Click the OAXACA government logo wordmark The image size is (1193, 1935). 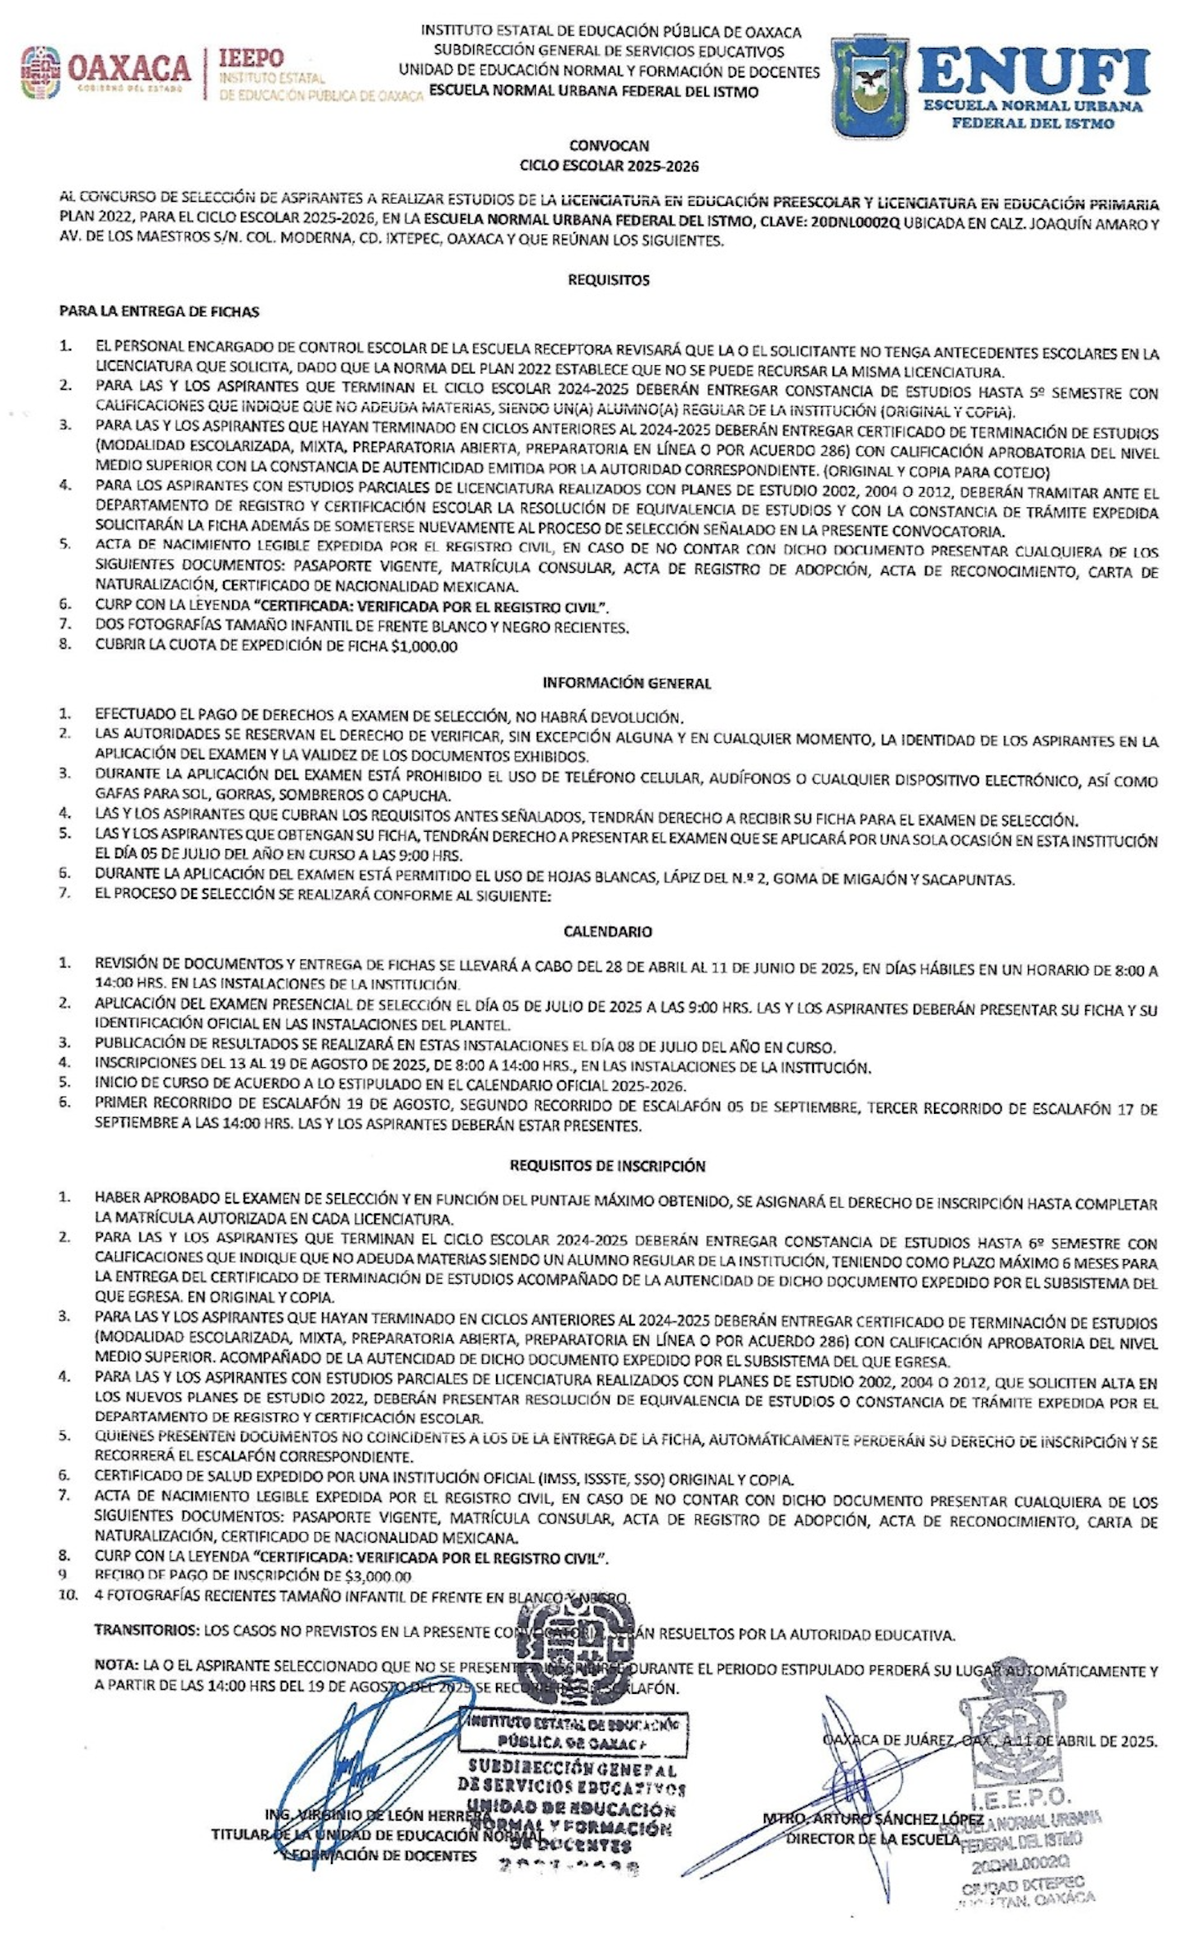[x=129, y=68]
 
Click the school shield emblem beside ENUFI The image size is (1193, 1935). [x=869, y=86]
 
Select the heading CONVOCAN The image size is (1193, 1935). [x=609, y=146]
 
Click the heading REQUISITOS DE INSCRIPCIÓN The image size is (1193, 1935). [x=607, y=1165]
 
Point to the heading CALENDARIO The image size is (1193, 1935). [x=608, y=932]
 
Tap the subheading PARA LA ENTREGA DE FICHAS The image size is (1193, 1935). [x=159, y=311]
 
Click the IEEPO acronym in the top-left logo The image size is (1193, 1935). [x=251, y=59]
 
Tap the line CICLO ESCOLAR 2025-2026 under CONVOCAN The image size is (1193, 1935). [x=610, y=166]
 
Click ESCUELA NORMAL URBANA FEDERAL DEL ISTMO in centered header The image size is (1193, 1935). [x=593, y=92]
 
